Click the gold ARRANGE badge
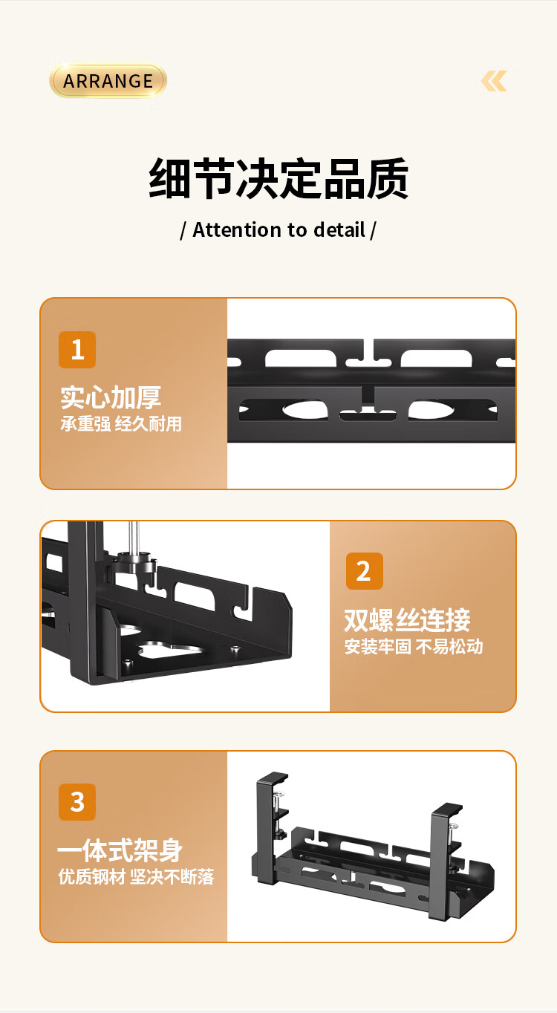(x=108, y=81)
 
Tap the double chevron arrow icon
(x=494, y=81)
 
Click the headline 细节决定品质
(x=278, y=178)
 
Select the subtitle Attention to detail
(x=278, y=229)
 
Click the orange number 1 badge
(x=76, y=350)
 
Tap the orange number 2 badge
(x=365, y=571)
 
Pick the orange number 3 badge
(x=76, y=802)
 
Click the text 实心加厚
(x=111, y=397)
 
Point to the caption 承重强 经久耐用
(x=121, y=424)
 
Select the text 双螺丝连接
(x=407, y=619)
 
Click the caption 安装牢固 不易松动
(x=414, y=647)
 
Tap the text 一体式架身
(x=120, y=850)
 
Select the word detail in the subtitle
(x=339, y=229)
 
